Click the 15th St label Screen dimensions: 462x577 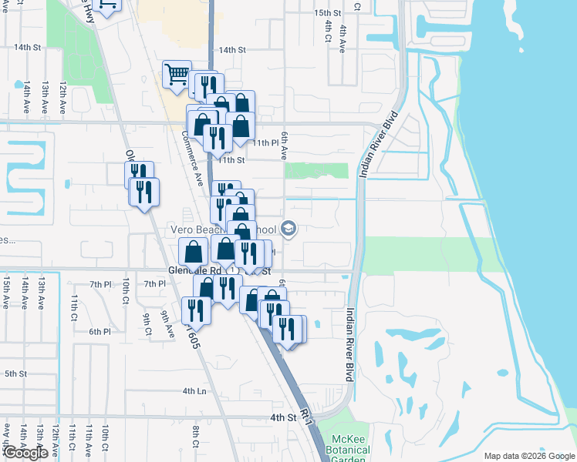pyautogui.click(x=327, y=13)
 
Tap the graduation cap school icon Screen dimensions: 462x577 pyautogui.click(x=289, y=228)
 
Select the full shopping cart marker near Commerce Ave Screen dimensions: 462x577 pyautogui.click(x=177, y=75)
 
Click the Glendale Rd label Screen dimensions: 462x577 pyautogui.click(x=194, y=271)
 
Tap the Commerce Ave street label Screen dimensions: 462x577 pyautogui.click(x=191, y=158)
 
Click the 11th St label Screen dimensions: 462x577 pyautogui.click(x=231, y=160)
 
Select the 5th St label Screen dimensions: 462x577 pyautogui.click(x=15, y=373)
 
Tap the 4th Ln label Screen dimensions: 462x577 pyautogui.click(x=194, y=391)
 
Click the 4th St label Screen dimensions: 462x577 pyautogui.click(x=283, y=417)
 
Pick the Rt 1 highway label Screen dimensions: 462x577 pyautogui.click(x=307, y=417)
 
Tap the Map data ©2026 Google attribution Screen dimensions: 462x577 pyautogui.click(x=528, y=456)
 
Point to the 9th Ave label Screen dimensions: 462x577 pyautogui.click(x=168, y=324)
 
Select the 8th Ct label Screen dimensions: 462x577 pyautogui.click(x=196, y=437)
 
